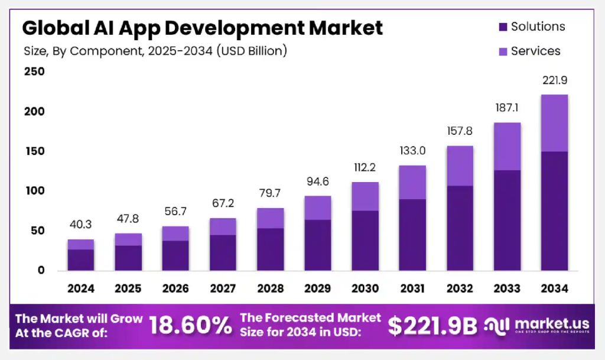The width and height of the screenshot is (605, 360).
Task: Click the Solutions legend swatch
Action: [x=503, y=27]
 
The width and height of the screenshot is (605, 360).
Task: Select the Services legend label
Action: [x=535, y=51]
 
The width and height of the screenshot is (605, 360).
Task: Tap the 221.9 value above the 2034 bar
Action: [x=554, y=80]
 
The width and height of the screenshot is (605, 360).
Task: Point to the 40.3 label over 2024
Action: [x=81, y=225]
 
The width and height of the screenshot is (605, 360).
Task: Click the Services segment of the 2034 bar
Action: [x=554, y=123]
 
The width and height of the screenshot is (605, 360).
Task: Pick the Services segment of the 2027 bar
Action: [x=223, y=226]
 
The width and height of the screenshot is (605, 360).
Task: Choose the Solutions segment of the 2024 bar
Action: [x=81, y=260]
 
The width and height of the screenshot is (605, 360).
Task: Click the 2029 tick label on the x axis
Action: [x=318, y=288]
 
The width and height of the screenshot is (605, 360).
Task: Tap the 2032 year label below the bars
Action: [x=460, y=288]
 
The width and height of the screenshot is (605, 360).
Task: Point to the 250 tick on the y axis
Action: [x=34, y=72]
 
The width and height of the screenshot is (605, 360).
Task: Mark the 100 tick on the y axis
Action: [x=34, y=191]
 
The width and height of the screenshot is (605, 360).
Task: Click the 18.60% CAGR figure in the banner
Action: [x=190, y=325]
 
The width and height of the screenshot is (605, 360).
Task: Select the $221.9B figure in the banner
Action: [x=432, y=325]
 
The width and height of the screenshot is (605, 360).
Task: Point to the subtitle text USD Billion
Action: [x=252, y=51]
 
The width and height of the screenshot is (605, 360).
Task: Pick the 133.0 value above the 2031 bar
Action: [x=412, y=151]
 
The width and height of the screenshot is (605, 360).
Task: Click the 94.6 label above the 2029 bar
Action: [x=318, y=181]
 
